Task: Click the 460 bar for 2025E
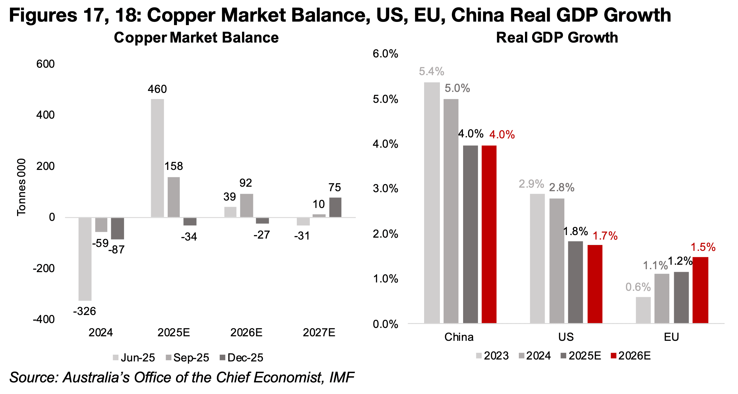point(157,158)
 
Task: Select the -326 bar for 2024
point(85,259)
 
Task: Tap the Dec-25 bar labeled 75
point(335,207)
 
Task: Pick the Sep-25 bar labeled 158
point(174,197)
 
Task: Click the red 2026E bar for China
point(489,234)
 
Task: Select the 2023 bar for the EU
point(643,310)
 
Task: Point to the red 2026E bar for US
point(595,284)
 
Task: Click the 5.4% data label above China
point(432,72)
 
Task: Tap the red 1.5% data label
point(703,247)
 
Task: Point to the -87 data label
point(116,250)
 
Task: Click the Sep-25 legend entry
point(188,358)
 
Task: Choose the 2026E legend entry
point(631,356)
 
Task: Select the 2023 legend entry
point(492,356)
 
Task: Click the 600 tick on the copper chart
point(45,64)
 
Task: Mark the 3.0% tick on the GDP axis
point(385,189)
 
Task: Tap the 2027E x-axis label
point(319,332)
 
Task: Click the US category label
point(566,337)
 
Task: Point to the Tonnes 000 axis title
point(21,187)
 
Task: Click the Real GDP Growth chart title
point(557,38)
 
